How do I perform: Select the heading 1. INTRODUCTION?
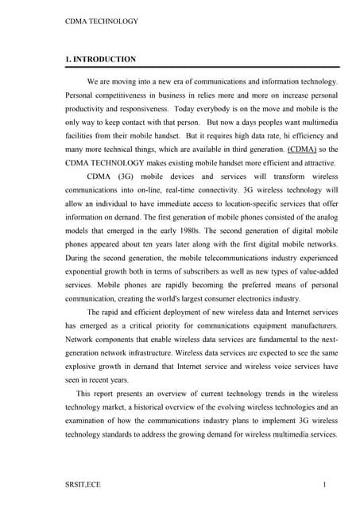(100, 59)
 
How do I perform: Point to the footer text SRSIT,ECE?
(83, 484)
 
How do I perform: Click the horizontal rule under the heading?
(202, 68)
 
